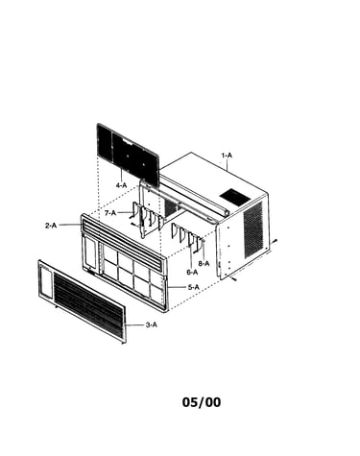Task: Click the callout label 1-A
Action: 227,156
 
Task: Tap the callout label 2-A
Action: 51,226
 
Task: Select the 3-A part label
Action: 152,324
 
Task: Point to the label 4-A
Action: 121,185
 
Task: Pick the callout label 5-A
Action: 193,287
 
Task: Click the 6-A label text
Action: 192,272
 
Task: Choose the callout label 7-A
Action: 110,212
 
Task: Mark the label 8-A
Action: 204,264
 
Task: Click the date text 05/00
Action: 202,402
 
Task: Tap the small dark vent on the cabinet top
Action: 234,197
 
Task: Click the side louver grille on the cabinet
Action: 252,228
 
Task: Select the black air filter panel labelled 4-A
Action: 128,155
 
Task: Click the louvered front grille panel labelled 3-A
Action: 83,301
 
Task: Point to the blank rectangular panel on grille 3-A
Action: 46,281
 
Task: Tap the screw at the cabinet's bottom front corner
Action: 234,279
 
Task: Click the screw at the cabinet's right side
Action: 275,242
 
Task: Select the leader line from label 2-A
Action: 70,225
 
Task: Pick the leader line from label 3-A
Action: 135,324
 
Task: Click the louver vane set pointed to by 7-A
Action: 148,219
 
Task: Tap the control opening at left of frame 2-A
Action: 89,252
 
